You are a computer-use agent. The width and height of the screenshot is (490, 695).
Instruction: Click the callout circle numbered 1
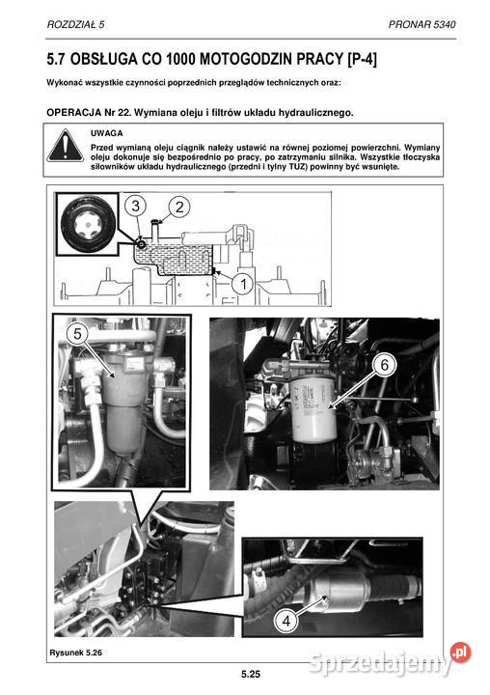point(243,284)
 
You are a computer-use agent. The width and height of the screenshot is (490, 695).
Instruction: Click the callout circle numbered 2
point(179,207)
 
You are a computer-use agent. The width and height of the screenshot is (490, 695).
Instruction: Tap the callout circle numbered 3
point(136,206)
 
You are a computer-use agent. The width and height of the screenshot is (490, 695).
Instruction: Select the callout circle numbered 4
point(286,621)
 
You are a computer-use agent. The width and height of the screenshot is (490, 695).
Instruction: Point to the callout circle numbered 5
point(77,333)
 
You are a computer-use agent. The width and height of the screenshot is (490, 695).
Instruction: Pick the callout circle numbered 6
point(384,364)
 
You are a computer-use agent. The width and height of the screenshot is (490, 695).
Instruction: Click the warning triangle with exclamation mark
point(66,146)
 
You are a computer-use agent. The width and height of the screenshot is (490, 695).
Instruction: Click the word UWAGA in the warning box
point(107,133)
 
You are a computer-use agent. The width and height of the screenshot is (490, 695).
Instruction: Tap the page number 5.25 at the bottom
point(251,674)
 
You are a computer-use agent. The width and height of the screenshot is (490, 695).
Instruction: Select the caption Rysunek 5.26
point(76,653)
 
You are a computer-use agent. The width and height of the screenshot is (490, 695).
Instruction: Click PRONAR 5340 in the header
point(422,24)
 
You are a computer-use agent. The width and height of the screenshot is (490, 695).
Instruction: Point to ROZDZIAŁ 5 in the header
point(76,24)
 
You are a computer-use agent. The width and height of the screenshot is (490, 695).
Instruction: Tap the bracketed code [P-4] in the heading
point(363,59)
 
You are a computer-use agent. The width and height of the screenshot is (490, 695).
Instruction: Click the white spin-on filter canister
point(314,409)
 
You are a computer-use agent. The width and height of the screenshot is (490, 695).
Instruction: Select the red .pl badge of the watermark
point(460,652)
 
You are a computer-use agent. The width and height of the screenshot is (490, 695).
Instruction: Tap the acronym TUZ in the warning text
point(298,167)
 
